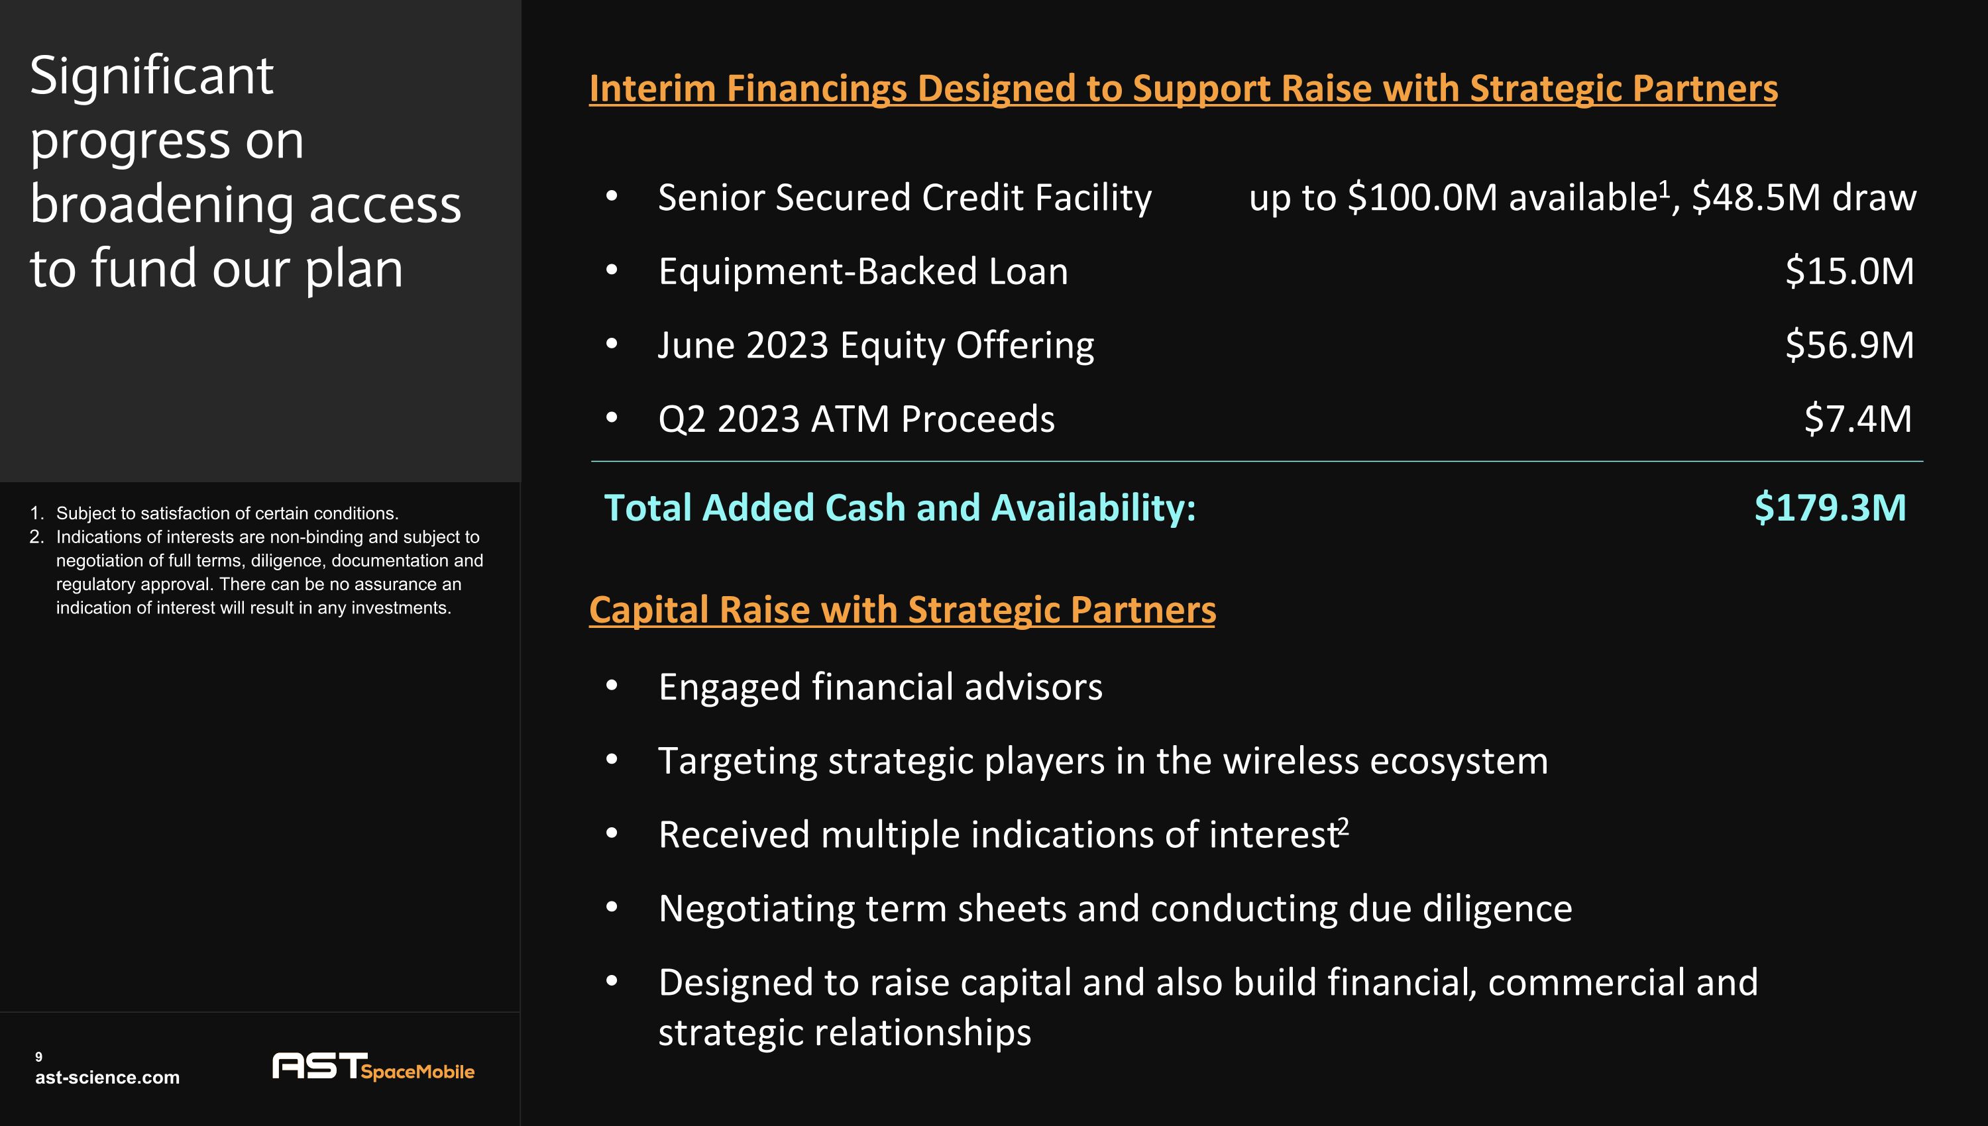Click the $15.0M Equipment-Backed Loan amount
(x=1849, y=272)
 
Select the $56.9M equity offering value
(x=1849, y=345)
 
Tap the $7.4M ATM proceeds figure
(x=1857, y=419)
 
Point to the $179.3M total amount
(x=1830, y=508)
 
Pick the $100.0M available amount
(x=1423, y=198)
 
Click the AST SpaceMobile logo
(x=373, y=1067)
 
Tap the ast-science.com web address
(x=107, y=1077)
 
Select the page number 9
(x=38, y=1056)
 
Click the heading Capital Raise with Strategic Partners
(x=902, y=609)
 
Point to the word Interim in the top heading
(x=651, y=88)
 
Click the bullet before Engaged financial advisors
(x=612, y=686)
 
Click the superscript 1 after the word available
(x=1664, y=188)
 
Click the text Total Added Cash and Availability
(x=899, y=508)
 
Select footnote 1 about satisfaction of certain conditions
(x=227, y=513)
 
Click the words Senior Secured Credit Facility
(x=905, y=198)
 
